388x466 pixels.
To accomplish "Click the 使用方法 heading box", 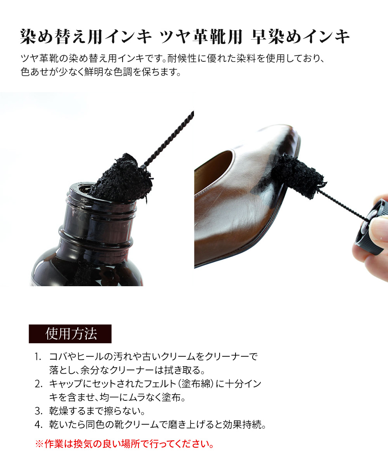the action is coord(70,334).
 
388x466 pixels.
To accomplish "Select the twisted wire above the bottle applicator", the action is coord(169,138).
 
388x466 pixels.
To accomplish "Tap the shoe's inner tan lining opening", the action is coord(213,170).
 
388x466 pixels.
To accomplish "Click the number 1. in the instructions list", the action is coord(38,356).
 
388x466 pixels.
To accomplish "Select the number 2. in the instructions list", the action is coord(38,384).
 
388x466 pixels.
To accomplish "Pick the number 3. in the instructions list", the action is coord(38,411).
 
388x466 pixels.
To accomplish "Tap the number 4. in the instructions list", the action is coord(38,424).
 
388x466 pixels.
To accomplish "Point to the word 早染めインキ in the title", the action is coord(300,37).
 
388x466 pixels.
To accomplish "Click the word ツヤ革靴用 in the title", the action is coord(201,37).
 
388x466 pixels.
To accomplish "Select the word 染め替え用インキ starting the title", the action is coord(86,37).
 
